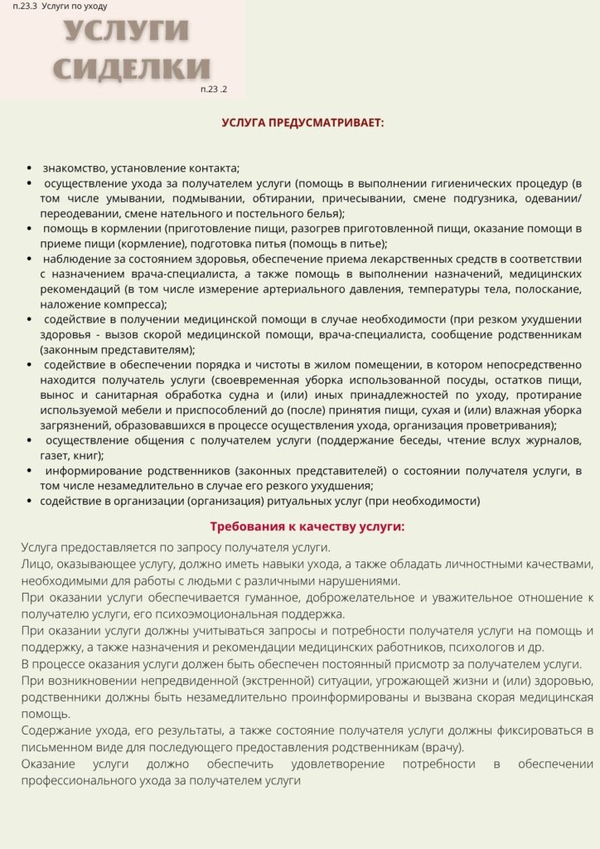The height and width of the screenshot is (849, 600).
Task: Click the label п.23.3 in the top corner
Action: [x=18, y=7]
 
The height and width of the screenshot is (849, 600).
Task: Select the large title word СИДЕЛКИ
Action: [x=132, y=68]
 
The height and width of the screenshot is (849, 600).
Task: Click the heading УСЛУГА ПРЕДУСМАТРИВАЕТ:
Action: [x=302, y=123]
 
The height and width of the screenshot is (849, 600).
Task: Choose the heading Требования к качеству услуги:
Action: [x=307, y=526]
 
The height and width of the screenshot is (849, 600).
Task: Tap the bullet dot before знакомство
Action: [x=31, y=167]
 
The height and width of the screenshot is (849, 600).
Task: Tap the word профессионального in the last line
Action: [x=78, y=780]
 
